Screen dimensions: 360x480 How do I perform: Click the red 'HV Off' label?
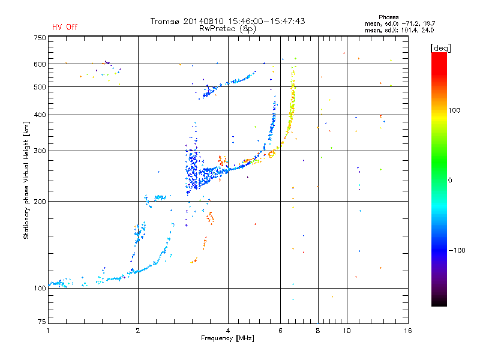pos(65,27)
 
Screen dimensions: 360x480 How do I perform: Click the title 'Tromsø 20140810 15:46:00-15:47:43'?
pos(228,21)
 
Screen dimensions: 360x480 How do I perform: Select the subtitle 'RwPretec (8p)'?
pos(228,28)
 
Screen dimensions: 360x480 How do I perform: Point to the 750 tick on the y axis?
pos(40,37)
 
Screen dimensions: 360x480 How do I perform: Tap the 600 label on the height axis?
pos(40,64)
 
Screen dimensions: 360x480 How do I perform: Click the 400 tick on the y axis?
pos(40,115)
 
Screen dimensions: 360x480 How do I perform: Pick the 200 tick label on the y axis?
pos(40,202)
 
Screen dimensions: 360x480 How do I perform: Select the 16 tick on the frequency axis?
pos(407,331)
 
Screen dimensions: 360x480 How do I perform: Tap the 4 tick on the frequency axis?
pos(228,331)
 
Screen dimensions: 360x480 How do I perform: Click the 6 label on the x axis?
pos(280,331)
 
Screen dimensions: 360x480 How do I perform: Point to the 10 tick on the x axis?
pos(346,331)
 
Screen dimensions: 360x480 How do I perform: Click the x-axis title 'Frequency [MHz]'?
pos(228,339)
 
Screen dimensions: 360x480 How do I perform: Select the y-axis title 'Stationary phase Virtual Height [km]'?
pos(26,180)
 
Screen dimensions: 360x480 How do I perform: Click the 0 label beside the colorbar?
pos(451,180)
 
